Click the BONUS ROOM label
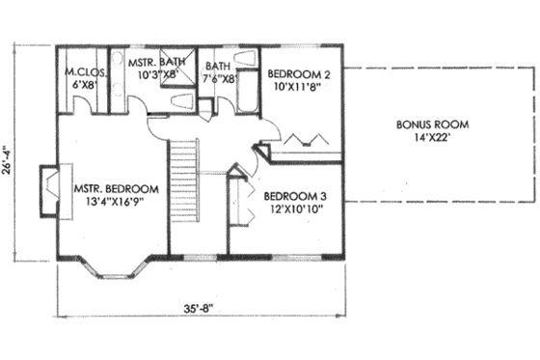coord(431,125)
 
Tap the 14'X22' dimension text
coord(431,138)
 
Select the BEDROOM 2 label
coord(300,73)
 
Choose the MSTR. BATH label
coord(156,62)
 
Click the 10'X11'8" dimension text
coord(298,86)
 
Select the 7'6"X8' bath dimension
coord(219,80)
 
